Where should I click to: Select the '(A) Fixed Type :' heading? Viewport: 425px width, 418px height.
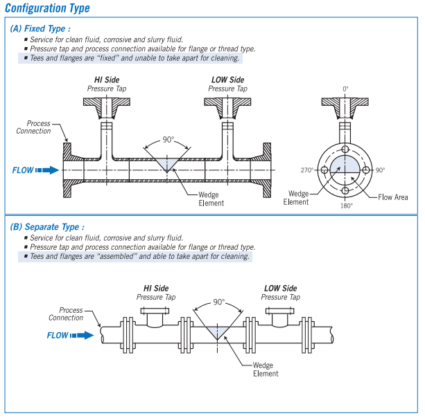pos(41,29)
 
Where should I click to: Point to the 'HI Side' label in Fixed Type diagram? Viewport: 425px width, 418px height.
pos(107,80)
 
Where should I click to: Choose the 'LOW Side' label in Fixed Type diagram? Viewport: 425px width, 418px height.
pos(227,80)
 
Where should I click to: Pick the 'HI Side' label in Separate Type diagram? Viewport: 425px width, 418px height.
pos(156,288)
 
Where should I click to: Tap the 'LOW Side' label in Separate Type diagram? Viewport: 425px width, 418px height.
pos(280,288)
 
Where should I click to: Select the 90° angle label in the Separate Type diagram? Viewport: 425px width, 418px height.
pos(219,302)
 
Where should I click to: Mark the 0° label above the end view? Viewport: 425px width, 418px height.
pos(345,89)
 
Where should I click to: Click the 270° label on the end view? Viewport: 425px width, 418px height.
pos(307,170)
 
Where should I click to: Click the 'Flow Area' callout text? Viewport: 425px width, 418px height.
pos(393,197)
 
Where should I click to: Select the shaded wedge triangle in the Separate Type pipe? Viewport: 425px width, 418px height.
pos(218,331)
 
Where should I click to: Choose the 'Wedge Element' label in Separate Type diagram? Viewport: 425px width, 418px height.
pos(266,369)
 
